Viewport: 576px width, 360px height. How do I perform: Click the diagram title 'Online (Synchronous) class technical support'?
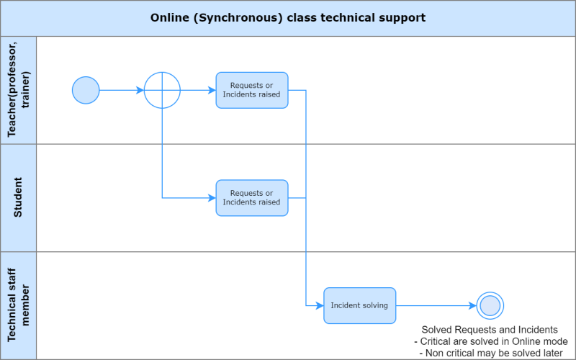tap(288, 17)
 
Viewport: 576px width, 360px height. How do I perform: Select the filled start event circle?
tap(86, 90)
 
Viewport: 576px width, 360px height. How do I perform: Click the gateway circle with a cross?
tap(162, 90)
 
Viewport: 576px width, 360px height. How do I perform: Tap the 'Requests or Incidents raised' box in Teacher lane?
tap(252, 90)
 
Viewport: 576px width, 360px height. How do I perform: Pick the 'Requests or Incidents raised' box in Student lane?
tap(252, 198)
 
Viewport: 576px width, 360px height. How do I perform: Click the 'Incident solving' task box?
tap(359, 305)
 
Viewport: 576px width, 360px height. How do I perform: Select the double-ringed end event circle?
tap(490, 305)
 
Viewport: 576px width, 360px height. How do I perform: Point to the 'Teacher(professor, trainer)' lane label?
tap(19, 90)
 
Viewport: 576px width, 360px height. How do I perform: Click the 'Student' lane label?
tap(19, 198)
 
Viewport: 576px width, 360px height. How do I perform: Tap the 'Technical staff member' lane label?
tap(19, 305)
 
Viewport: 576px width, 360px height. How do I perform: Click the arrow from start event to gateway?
tap(121, 90)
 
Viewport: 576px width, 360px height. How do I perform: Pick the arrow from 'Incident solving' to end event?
tap(436, 305)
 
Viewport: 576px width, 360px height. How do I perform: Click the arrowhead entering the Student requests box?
tap(212, 198)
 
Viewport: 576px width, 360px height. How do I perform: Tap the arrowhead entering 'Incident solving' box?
tap(320, 305)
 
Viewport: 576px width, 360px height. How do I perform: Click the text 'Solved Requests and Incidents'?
tap(490, 329)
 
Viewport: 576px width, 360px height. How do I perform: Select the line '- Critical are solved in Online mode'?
tap(490, 341)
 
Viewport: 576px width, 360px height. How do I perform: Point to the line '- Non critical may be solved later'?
tap(490, 354)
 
